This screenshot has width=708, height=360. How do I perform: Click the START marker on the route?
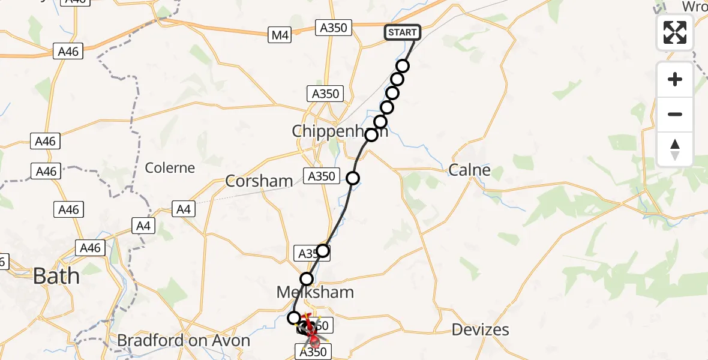point(402,32)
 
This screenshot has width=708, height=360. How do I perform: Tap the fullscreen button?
point(675,32)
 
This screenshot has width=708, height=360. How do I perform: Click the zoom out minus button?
point(675,114)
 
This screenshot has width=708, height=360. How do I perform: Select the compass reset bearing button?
point(675,149)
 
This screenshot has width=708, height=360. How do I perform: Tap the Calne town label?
point(470,170)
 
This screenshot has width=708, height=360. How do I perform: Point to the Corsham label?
point(259,181)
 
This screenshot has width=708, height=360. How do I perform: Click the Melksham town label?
point(315,292)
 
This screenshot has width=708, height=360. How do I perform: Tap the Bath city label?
point(56,276)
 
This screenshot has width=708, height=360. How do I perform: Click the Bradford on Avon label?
point(184,341)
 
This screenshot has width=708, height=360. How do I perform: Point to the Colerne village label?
point(170,167)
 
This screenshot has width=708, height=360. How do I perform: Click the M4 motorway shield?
point(280,35)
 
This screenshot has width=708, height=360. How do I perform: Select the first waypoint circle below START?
point(403,66)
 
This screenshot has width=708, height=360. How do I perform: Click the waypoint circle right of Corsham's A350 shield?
point(352,178)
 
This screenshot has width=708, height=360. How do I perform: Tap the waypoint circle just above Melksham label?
point(307,278)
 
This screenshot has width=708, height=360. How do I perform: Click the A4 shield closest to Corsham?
point(182,209)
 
